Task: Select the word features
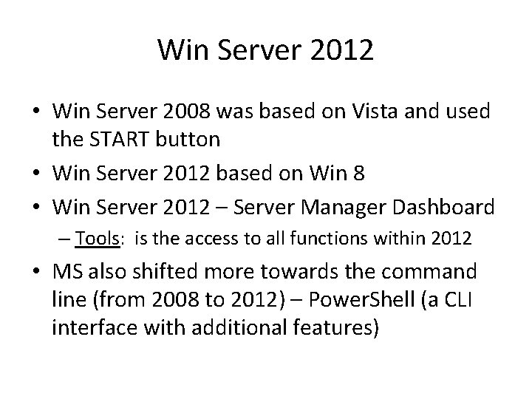tap(333, 327)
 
